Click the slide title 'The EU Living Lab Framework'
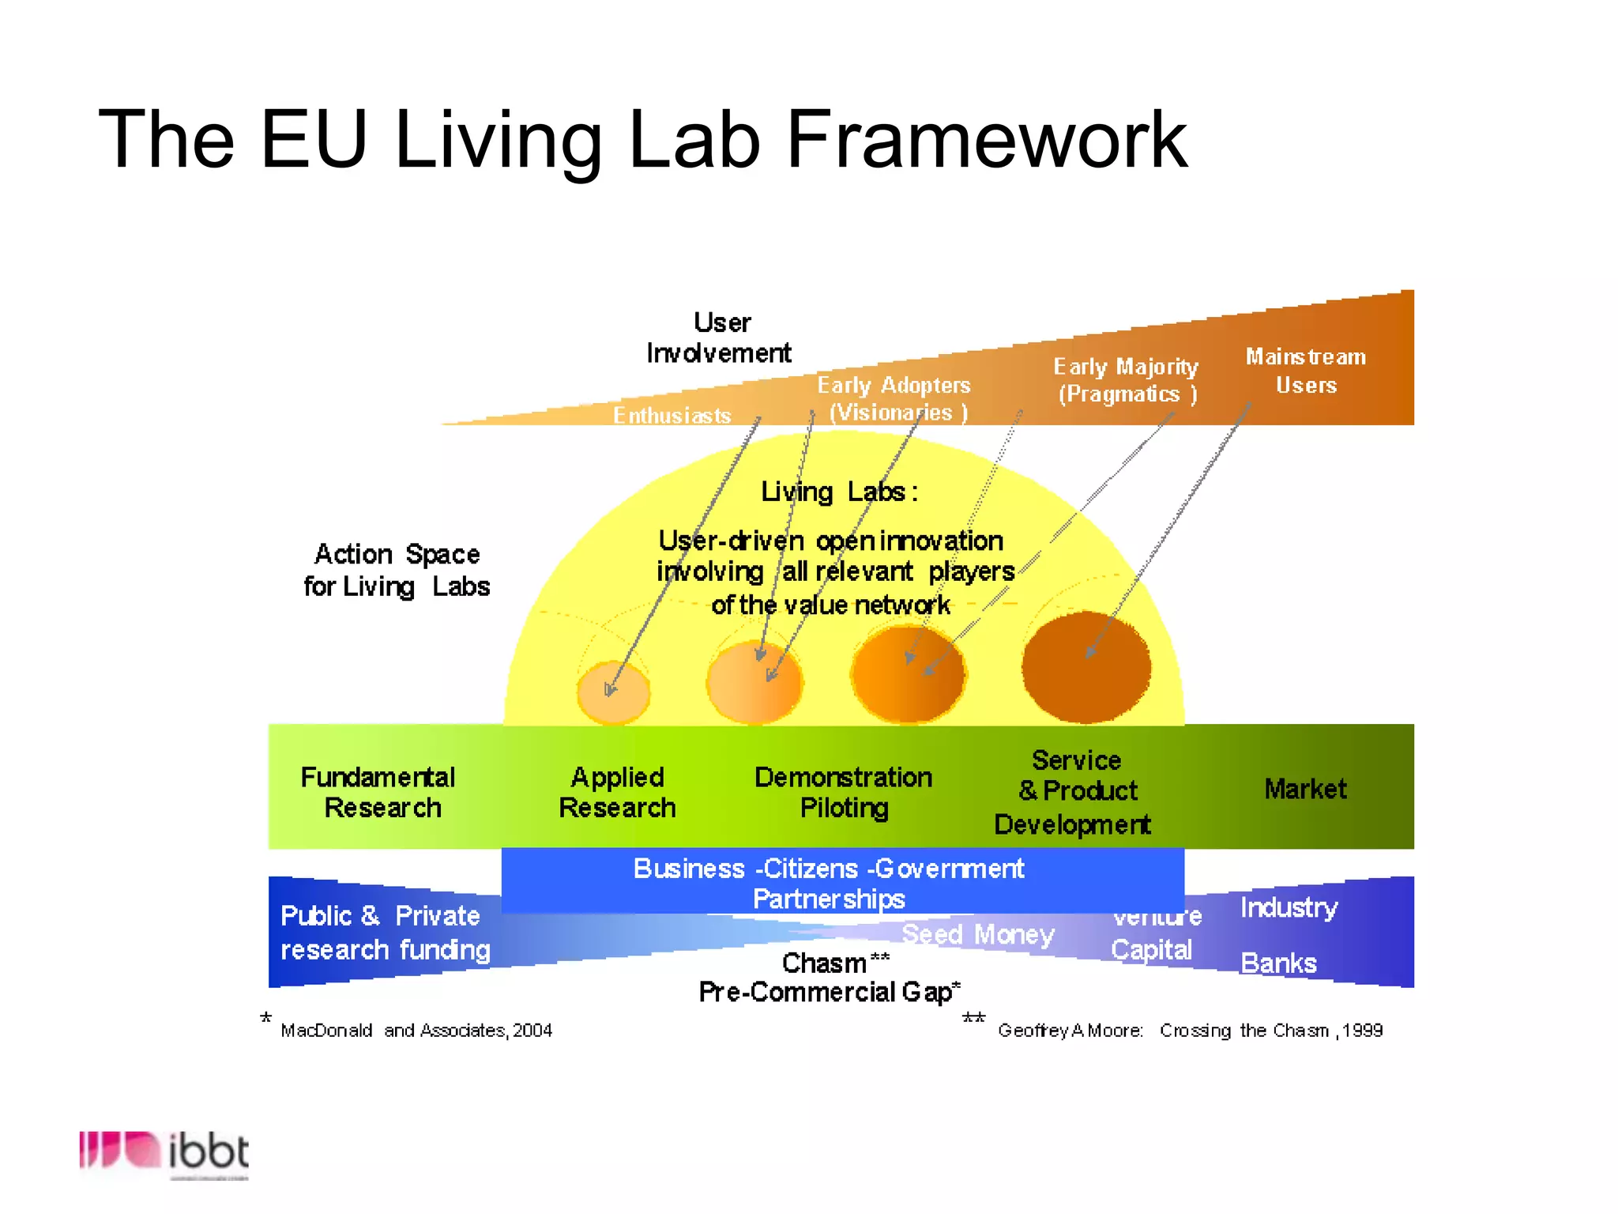tap(642, 140)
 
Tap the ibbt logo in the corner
tap(164, 1152)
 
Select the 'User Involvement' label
tap(719, 337)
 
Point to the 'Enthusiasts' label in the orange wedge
tap(672, 415)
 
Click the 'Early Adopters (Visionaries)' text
tap(894, 398)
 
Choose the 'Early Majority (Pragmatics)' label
tap(1126, 380)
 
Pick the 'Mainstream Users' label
tap(1306, 371)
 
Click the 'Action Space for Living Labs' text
tap(397, 570)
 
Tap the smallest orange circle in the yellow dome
tap(614, 692)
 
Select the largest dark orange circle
tap(1086, 666)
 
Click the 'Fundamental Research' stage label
tap(378, 792)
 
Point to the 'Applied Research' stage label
tap(617, 792)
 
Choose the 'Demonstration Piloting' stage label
tap(843, 792)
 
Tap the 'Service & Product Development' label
tap(1074, 792)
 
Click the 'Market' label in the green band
tap(1305, 789)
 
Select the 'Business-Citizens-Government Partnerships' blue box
tap(842, 881)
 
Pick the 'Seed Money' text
tap(978, 934)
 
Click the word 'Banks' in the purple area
tap(1278, 963)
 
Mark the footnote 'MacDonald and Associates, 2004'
tap(416, 1030)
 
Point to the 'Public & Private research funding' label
tap(386, 933)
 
